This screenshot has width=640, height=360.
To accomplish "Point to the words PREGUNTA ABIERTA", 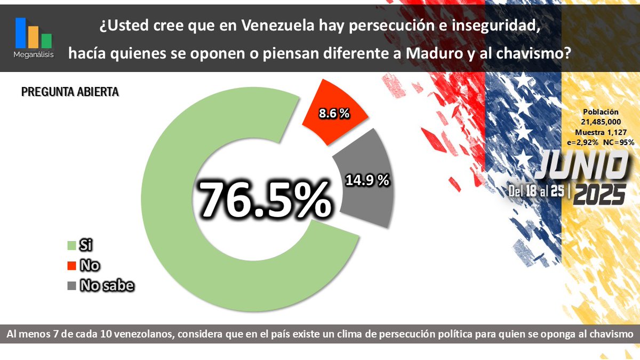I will point(70,92).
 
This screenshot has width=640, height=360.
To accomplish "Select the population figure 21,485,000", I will point(601,122).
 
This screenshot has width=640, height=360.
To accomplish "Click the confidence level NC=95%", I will point(618,142).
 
